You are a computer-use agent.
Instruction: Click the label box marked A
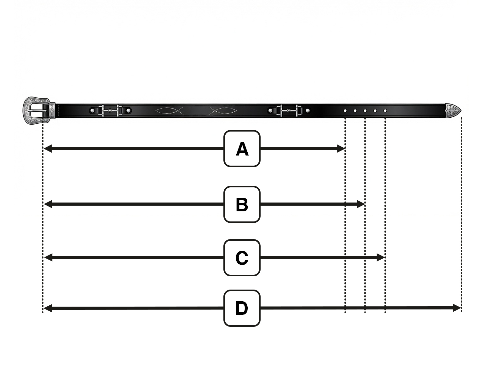242,149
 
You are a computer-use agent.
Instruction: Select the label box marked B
242,204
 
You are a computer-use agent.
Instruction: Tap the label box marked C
242,258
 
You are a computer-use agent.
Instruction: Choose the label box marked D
242,308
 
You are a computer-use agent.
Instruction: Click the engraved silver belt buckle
36,110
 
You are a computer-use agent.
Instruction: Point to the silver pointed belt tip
453,111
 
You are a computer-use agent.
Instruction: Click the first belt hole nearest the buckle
345,111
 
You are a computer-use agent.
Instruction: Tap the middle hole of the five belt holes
365,111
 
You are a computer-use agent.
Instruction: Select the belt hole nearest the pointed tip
385,111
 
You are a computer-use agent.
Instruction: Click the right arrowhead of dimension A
341,149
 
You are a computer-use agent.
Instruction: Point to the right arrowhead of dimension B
361,204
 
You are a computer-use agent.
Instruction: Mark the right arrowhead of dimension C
381,257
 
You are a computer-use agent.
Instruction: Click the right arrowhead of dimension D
457,308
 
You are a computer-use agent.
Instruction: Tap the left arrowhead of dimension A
48,149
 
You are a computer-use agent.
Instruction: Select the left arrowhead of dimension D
48,308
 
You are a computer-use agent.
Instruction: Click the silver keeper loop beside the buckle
52,111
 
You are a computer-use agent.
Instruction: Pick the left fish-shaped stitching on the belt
169,111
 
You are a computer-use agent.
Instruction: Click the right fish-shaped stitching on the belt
223,111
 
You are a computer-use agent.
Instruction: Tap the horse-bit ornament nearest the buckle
110,111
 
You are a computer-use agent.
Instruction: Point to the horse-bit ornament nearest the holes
289,111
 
